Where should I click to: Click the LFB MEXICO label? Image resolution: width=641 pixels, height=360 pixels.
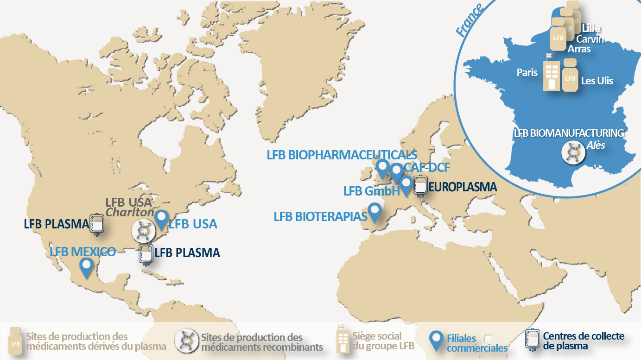(83, 253)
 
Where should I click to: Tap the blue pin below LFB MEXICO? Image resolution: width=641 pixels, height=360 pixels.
(86, 266)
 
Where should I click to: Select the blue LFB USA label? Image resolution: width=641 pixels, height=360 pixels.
(193, 224)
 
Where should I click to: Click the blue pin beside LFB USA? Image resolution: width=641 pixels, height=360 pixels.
(161, 218)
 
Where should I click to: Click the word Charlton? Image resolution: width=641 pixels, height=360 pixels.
(129, 212)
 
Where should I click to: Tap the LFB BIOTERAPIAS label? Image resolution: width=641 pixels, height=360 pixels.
(320, 216)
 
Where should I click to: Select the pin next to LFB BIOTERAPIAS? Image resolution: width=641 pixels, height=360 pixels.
(374, 212)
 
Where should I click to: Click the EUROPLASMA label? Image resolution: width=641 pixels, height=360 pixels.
(463, 187)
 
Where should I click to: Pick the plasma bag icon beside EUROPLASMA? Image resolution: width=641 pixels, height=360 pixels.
(420, 185)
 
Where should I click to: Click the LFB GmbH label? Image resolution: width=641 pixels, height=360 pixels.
(371, 191)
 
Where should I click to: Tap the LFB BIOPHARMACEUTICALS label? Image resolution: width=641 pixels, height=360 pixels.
(342, 155)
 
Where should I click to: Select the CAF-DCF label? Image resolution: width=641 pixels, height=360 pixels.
(427, 167)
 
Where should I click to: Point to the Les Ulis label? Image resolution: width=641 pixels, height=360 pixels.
(597, 81)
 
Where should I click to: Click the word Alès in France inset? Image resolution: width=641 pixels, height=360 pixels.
(596, 145)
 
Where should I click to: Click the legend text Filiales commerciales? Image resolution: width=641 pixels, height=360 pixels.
(477, 343)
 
